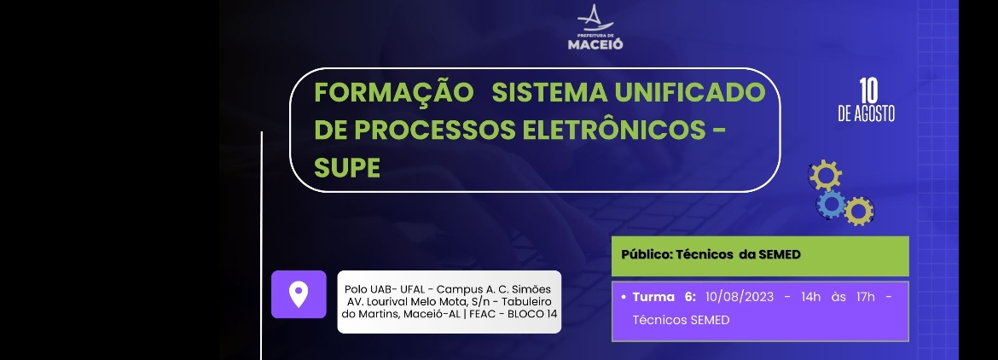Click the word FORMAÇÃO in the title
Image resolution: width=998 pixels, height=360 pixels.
[394, 92]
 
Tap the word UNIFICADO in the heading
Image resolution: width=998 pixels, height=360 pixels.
[689, 93]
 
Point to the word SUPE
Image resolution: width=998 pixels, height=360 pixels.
[347, 168]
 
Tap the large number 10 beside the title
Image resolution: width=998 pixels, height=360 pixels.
[868, 91]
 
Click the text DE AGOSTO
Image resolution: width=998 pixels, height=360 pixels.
[867, 113]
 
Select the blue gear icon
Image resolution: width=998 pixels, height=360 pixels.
[832, 205]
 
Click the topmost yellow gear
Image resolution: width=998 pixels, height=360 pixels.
[826, 175]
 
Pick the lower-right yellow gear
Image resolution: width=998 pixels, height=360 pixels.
[859, 212]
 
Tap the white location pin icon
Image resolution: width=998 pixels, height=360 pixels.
[299, 294]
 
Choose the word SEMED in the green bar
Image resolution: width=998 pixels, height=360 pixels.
[779, 254]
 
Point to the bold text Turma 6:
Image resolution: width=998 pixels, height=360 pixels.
[664, 297]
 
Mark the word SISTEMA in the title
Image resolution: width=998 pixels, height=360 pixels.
[550, 93]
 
